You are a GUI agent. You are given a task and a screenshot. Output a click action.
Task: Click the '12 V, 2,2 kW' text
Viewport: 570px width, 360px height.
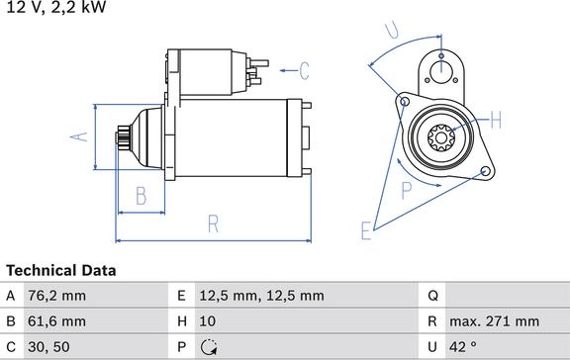coord(53,8)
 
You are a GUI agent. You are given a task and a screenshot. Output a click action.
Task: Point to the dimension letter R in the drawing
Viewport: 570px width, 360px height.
coord(212,224)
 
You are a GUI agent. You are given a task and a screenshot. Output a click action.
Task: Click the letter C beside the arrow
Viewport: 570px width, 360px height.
coord(304,70)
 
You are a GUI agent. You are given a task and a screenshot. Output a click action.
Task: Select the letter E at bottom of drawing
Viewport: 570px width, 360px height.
coord(365,231)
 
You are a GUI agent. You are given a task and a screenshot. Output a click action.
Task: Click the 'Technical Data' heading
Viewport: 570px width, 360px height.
coord(61,270)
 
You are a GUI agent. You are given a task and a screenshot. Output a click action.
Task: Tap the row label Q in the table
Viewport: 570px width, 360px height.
coord(431,296)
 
